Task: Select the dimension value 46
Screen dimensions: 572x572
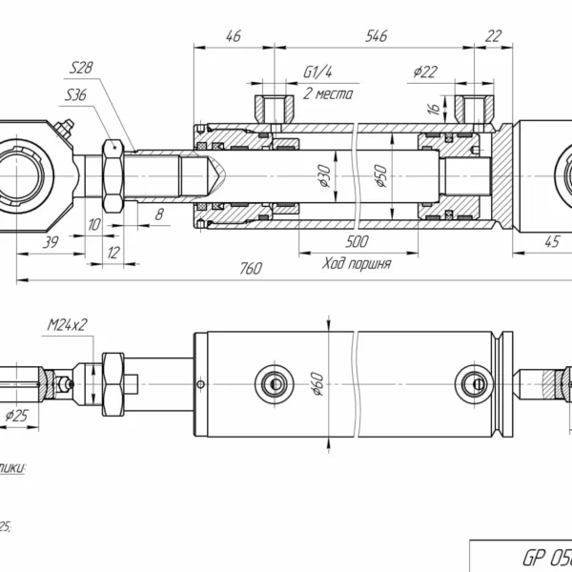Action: pos(232,36)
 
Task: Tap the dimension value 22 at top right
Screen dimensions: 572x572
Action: pos(493,36)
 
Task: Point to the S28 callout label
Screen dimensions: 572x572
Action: pos(81,68)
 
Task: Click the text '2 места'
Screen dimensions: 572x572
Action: pos(328,93)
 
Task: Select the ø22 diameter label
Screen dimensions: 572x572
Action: pos(425,71)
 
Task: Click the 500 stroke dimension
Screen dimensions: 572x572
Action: pos(357,242)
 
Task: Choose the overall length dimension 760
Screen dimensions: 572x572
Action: pos(249,269)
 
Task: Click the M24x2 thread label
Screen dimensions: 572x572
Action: pos(67,325)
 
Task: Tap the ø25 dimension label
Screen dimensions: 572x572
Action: pos(16,416)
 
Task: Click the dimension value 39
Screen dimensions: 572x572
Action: pos(51,242)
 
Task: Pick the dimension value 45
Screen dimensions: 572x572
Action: pos(551,242)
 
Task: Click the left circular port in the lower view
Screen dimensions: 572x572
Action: pos(271,383)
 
